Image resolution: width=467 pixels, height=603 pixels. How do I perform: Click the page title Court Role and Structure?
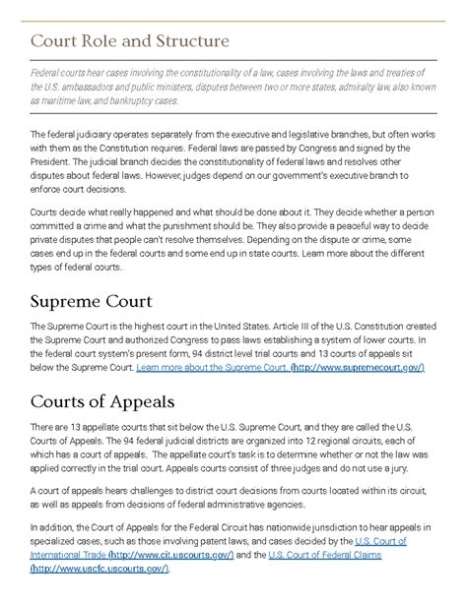pos(130,42)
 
